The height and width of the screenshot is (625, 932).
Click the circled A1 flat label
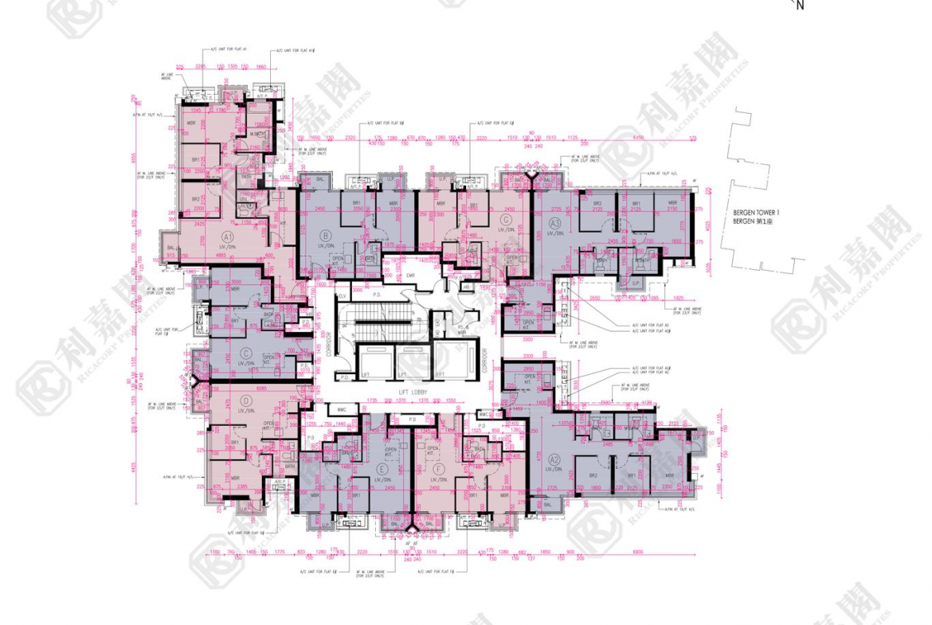coord(227,236)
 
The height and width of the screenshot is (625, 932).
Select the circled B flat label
coord(325,235)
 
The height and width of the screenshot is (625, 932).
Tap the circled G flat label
coord(505,220)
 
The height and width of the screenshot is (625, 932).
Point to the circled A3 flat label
coord(555,223)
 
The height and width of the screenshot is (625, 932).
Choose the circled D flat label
coord(246,400)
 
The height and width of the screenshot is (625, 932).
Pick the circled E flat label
coord(383,471)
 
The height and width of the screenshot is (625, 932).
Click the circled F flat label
coord(437,471)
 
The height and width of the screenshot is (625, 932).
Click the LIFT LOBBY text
coord(415,393)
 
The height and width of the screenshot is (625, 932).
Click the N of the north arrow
coord(801,6)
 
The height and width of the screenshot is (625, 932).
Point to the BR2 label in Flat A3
coord(597,204)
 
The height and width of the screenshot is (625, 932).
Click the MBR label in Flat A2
coord(669,475)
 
